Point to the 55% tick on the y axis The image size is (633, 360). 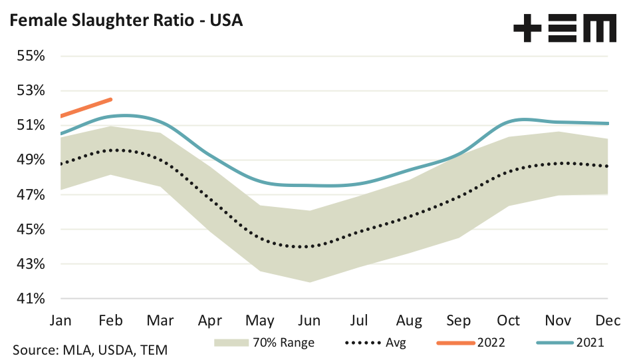click(31, 55)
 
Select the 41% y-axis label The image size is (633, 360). click(31, 299)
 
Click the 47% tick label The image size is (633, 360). click(31, 194)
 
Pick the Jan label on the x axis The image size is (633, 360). click(61, 320)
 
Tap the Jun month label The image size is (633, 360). click(309, 320)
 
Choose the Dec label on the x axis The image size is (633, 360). click(608, 320)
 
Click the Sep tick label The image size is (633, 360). click(458, 320)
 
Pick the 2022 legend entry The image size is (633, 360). click(471, 343)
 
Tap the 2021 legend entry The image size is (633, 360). click(571, 343)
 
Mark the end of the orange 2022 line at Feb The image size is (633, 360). click(110, 99)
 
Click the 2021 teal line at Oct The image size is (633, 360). click(509, 121)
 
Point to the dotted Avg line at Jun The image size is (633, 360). click(309, 246)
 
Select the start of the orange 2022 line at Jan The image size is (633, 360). click(61, 116)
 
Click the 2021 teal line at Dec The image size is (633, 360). click(608, 123)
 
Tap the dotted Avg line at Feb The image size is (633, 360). click(110, 150)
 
